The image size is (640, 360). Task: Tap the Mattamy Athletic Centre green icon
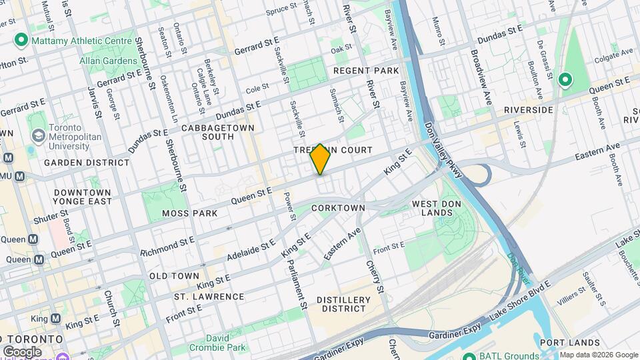pos(21,41)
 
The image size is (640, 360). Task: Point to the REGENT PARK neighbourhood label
pos(365,71)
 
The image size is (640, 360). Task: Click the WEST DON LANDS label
pos(437,208)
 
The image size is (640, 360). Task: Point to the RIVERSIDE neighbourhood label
pos(529,109)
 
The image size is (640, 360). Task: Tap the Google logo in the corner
pos(22,351)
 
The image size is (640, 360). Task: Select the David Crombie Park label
pos(226,343)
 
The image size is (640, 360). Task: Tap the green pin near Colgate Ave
pos(565,80)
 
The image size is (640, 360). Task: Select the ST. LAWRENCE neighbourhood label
pos(209,296)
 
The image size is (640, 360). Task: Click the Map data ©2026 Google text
pos(598,355)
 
